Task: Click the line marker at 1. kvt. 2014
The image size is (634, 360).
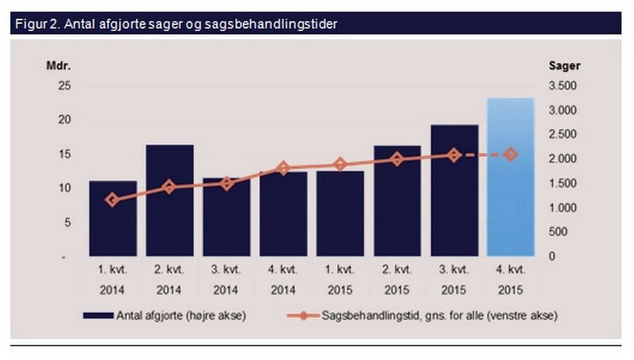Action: (113, 199)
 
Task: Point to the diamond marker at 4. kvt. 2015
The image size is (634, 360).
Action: (510, 154)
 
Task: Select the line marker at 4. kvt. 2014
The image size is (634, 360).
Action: (283, 168)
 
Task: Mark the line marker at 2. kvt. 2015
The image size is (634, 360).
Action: (396, 159)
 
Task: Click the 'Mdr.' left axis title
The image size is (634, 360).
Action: (57, 65)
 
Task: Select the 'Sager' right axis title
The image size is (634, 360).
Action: (565, 65)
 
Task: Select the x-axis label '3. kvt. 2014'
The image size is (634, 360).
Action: (227, 280)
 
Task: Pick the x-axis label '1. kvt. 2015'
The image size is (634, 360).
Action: (340, 280)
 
